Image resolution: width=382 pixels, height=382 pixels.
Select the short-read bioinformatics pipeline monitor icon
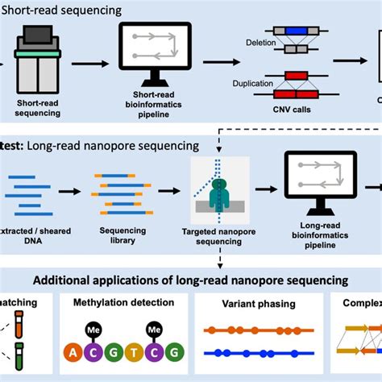coord(155,53)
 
